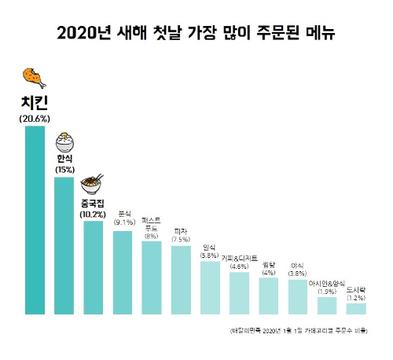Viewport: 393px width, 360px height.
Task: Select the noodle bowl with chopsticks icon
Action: click(x=94, y=186)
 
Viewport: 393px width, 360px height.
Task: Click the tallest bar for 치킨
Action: click(x=35, y=220)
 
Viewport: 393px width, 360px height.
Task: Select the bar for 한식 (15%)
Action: click(x=64, y=245)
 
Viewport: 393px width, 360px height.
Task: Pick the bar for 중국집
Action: click(x=94, y=267)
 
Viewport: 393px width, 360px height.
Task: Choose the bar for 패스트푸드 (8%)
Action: click(x=152, y=277)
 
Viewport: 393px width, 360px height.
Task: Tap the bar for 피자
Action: click(x=181, y=280)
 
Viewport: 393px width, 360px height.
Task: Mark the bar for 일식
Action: click(x=210, y=288)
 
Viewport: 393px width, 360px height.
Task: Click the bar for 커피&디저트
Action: click(x=239, y=293)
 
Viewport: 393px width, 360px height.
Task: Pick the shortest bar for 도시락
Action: click(x=356, y=308)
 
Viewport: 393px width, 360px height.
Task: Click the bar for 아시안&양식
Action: click(x=327, y=305)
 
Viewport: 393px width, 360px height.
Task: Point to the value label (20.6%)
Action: click(x=35, y=118)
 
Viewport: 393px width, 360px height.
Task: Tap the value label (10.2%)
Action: click(x=94, y=214)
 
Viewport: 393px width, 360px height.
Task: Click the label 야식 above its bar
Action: click(x=298, y=266)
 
